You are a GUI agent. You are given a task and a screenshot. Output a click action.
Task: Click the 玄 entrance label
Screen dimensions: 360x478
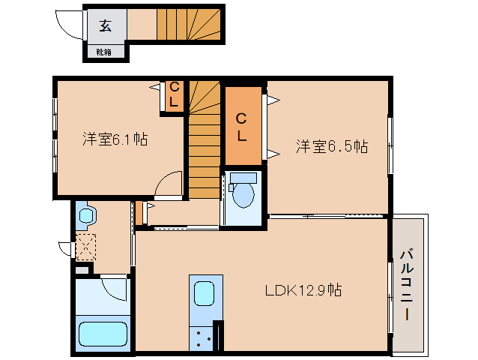[105, 26]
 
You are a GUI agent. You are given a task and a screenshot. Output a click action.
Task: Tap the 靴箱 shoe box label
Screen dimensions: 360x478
[104, 52]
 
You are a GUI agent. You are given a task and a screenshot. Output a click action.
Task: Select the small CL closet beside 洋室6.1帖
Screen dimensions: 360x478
[173, 96]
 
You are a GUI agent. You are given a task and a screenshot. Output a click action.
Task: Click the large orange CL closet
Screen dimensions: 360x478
[243, 127]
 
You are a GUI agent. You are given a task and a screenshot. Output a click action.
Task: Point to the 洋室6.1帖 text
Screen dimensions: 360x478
[115, 139]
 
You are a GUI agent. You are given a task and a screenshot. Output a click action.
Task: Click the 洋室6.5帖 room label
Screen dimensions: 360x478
[330, 146]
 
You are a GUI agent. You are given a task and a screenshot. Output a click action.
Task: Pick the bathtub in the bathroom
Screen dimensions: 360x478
[103, 332]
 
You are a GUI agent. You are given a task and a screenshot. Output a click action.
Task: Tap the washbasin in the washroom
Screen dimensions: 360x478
[85, 217]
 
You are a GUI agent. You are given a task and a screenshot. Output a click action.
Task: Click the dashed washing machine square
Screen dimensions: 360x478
[85, 246]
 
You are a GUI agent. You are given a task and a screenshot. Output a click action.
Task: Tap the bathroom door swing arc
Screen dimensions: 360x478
[115, 287]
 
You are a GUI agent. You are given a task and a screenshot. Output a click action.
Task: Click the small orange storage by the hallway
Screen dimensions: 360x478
[139, 212]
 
